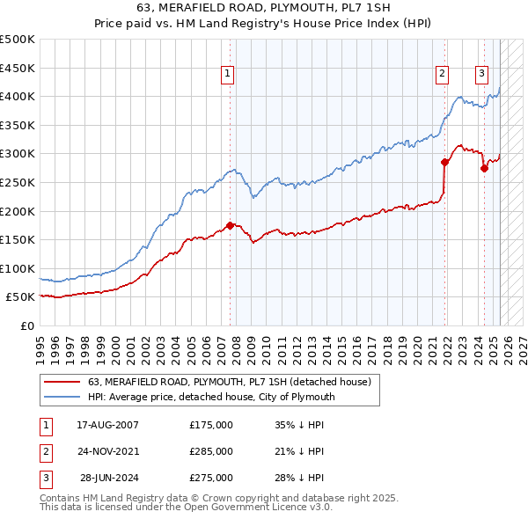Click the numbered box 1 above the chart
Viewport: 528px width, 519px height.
228,74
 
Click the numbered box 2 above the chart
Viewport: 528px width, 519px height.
442,74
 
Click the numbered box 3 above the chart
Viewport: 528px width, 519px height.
482,74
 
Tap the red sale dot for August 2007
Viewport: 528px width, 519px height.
231,225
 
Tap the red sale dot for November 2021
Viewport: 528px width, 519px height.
445,162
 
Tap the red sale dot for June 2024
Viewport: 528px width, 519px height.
484,168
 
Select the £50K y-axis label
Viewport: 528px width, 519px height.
21,297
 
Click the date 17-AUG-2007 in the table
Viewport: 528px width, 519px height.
107,425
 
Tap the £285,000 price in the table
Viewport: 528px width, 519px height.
211,451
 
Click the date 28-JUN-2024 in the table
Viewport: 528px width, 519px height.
109,478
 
